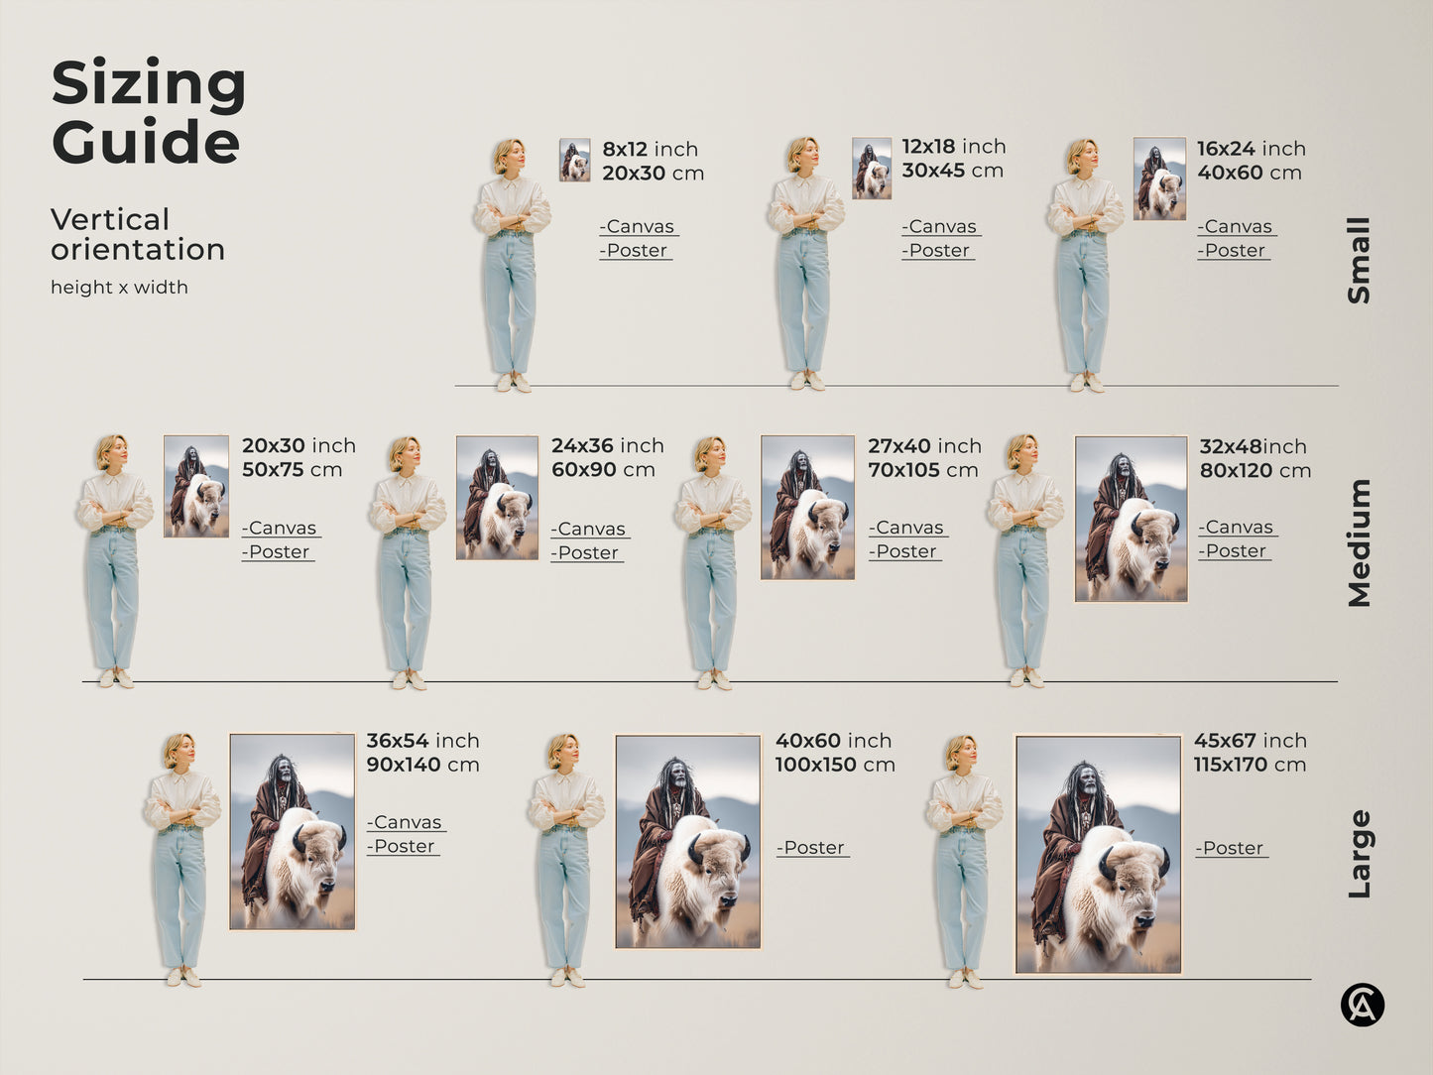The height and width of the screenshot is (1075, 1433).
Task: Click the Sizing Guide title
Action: click(148, 112)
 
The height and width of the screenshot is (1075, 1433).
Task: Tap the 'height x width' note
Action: click(119, 288)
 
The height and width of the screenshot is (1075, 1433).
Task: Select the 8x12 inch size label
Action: click(650, 149)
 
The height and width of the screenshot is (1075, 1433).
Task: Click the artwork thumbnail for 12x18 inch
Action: click(871, 169)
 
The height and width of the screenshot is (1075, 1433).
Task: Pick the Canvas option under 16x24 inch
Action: click(1236, 227)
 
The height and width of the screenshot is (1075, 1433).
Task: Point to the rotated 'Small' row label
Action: click(1359, 260)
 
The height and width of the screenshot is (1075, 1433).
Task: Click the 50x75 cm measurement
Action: click(292, 470)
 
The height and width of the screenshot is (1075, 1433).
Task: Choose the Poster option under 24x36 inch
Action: click(587, 553)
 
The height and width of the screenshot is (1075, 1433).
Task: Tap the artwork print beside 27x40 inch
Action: click(807, 507)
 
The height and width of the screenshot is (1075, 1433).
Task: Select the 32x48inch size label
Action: click(1253, 446)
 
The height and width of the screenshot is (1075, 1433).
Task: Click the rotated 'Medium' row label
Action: click(1359, 542)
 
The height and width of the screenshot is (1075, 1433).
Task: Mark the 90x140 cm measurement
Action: click(422, 765)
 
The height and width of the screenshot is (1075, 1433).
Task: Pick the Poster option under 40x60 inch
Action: click(812, 848)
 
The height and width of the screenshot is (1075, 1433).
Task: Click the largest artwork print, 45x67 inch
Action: click(1098, 854)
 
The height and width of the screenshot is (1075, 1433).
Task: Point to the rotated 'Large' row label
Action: click(1359, 854)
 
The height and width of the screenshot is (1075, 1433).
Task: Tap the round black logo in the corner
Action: click(1362, 1006)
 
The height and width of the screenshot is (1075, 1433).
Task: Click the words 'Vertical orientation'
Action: click(137, 234)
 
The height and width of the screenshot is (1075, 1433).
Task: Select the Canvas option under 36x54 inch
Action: click(406, 823)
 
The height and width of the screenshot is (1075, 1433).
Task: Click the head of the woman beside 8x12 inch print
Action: click(509, 156)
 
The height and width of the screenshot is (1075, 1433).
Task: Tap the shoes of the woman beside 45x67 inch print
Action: click(964, 979)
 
